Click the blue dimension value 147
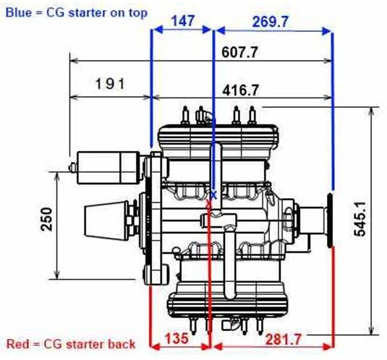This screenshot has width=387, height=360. pos(183,21)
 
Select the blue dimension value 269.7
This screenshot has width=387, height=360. pos(271,22)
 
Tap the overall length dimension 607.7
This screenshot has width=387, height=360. pos(239,52)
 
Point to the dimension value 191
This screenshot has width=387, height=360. pos(110,84)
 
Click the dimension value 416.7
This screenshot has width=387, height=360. pos(241,90)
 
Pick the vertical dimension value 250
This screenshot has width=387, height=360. pos(46,219)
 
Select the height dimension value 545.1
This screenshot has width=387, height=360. pos(360,219)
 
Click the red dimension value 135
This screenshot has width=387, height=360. pos(177,338)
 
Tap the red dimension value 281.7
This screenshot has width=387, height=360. pos(284,340)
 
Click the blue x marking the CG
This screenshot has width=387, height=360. pos(214,195)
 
